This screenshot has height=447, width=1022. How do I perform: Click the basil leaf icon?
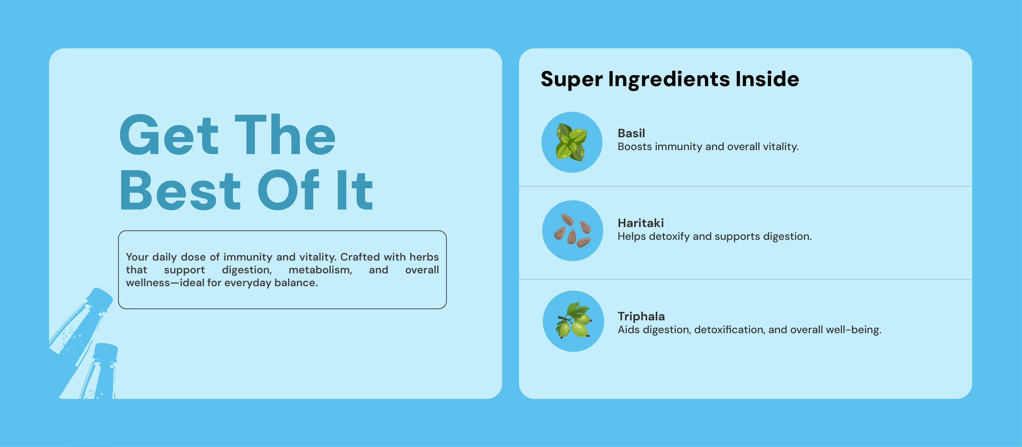571,142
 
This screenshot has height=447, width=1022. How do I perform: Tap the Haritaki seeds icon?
572,230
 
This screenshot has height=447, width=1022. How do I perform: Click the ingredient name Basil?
631,133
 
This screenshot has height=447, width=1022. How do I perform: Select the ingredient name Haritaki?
640,223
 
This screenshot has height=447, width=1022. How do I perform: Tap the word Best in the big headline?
180,190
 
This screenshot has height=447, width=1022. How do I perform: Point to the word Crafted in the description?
360,257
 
